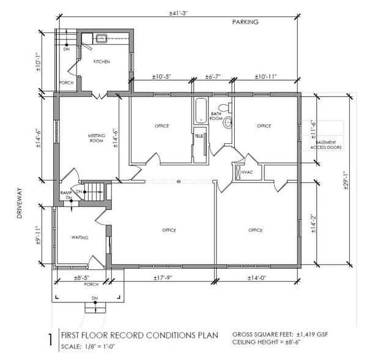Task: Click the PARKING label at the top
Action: coord(245,22)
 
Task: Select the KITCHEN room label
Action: coord(102,62)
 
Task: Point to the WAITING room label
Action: coord(80,237)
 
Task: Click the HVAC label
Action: coord(247,172)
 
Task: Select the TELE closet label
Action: coord(199,135)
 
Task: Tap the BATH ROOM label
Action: coord(216,116)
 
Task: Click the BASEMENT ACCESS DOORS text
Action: coord(326,144)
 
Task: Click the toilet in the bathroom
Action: coord(223,108)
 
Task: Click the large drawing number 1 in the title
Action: coord(50,339)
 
